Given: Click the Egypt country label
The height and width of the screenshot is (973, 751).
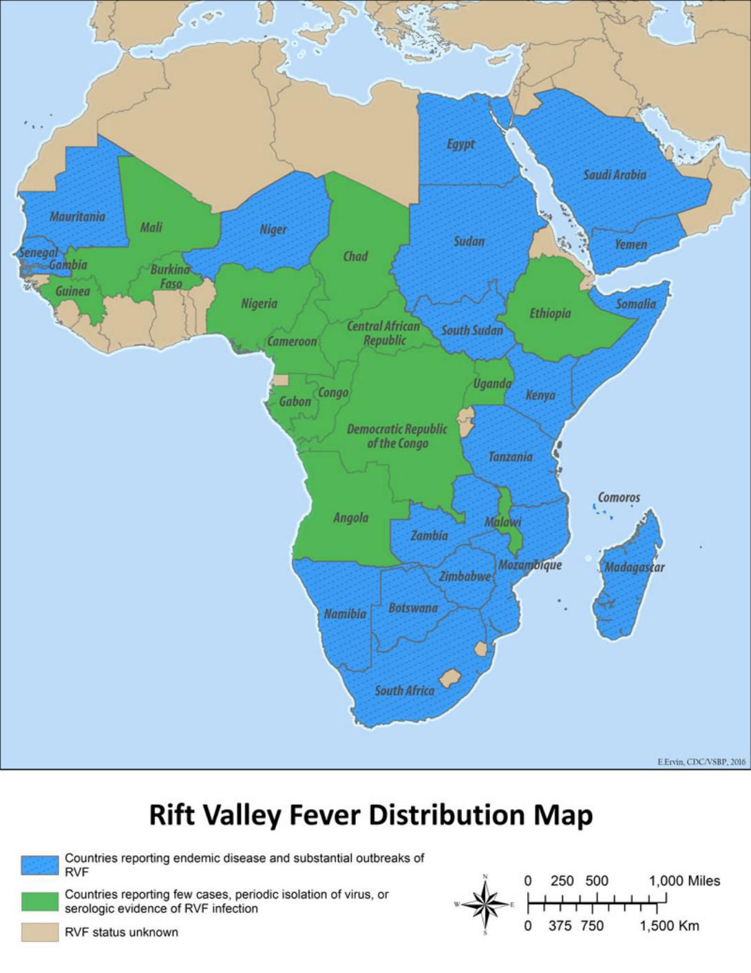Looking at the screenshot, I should pyautogui.click(x=461, y=144).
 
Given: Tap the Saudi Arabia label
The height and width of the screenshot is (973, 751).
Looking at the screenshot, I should pyautogui.click(x=615, y=174).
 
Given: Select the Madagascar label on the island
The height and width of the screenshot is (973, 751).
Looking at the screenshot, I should pyautogui.click(x=634, y=567).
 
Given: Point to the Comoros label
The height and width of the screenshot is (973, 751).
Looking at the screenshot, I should pyautogui.click(x=618, y=497).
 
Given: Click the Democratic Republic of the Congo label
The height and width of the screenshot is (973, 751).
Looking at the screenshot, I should pyautogui.click(x=396, y=436).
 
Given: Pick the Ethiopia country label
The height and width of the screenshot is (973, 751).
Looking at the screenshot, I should pyautogui.click(x=549, y=314).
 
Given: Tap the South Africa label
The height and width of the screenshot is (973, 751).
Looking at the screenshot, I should pyautogui.click(x=404, y=690).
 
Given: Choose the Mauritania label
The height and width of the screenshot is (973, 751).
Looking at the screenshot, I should pyautogui.click(x=77, y=216).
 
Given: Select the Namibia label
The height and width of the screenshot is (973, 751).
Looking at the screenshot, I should pyautogui.click(x=345, y=613).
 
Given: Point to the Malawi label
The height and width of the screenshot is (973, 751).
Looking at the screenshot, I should pyautogui.click(x=503, y=522).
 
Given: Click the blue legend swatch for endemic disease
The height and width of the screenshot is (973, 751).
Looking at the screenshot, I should pyautogui.click(x=39, y=865).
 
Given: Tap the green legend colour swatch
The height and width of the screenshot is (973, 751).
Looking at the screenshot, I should pyautogui.click(x=39, y=901).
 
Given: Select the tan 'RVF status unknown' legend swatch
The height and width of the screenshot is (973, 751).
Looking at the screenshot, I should pyautogui.click(x=39, y=932).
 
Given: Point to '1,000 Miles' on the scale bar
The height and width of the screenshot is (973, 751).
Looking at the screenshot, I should pyautogui.click(x=684, y=881).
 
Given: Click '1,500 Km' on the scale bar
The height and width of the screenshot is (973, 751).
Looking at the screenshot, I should pyautogui.click(x=669, y=925).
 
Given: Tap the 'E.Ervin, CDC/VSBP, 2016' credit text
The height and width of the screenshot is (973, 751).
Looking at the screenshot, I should pyautogui.click(x=701, y=761).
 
